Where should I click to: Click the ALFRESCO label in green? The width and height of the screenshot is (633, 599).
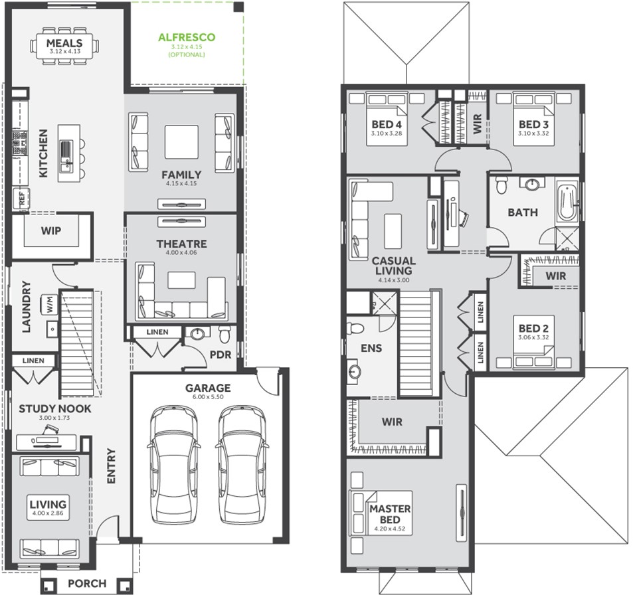tap(187, 37)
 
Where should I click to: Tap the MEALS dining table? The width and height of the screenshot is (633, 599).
tap(64, 46)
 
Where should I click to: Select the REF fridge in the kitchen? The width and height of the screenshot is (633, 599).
tap(21, 199)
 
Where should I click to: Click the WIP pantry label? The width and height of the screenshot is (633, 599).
tap(51, 231)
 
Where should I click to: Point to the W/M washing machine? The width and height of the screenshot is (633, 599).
tap(49, 304)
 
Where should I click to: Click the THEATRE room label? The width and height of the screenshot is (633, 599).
tap(182, 244)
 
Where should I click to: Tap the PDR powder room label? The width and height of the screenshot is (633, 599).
tap(221, 355)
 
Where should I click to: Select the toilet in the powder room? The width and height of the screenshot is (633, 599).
tap(225, 333)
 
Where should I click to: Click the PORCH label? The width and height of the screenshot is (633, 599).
tap(87, 584)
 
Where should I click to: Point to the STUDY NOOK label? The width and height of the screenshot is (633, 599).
tap(55, 409)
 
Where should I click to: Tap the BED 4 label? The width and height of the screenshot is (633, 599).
tap(387, 124)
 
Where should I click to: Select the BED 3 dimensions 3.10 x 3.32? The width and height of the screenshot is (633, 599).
tap(533, 133)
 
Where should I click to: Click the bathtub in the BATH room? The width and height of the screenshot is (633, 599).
tap(567, 201)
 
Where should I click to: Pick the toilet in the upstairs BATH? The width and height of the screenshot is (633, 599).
tap(501, 185)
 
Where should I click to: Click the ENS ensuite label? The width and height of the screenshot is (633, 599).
tap(371, 348)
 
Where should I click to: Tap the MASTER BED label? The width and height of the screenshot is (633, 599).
tap(390, 514)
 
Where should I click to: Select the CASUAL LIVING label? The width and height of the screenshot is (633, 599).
tap(394, 266)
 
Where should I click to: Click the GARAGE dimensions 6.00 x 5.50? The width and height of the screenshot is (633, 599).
tap(208, 396)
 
